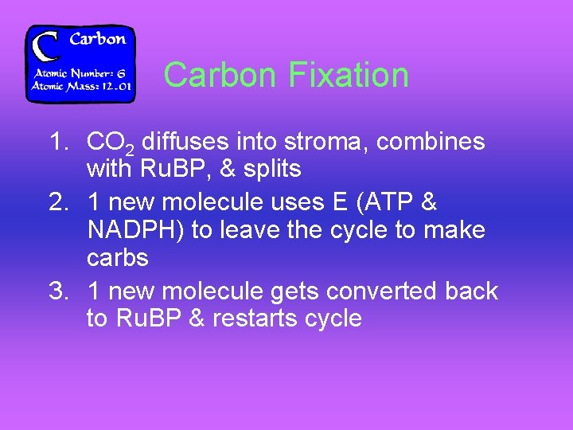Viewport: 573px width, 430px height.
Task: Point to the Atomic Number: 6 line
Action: click(80, 72)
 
